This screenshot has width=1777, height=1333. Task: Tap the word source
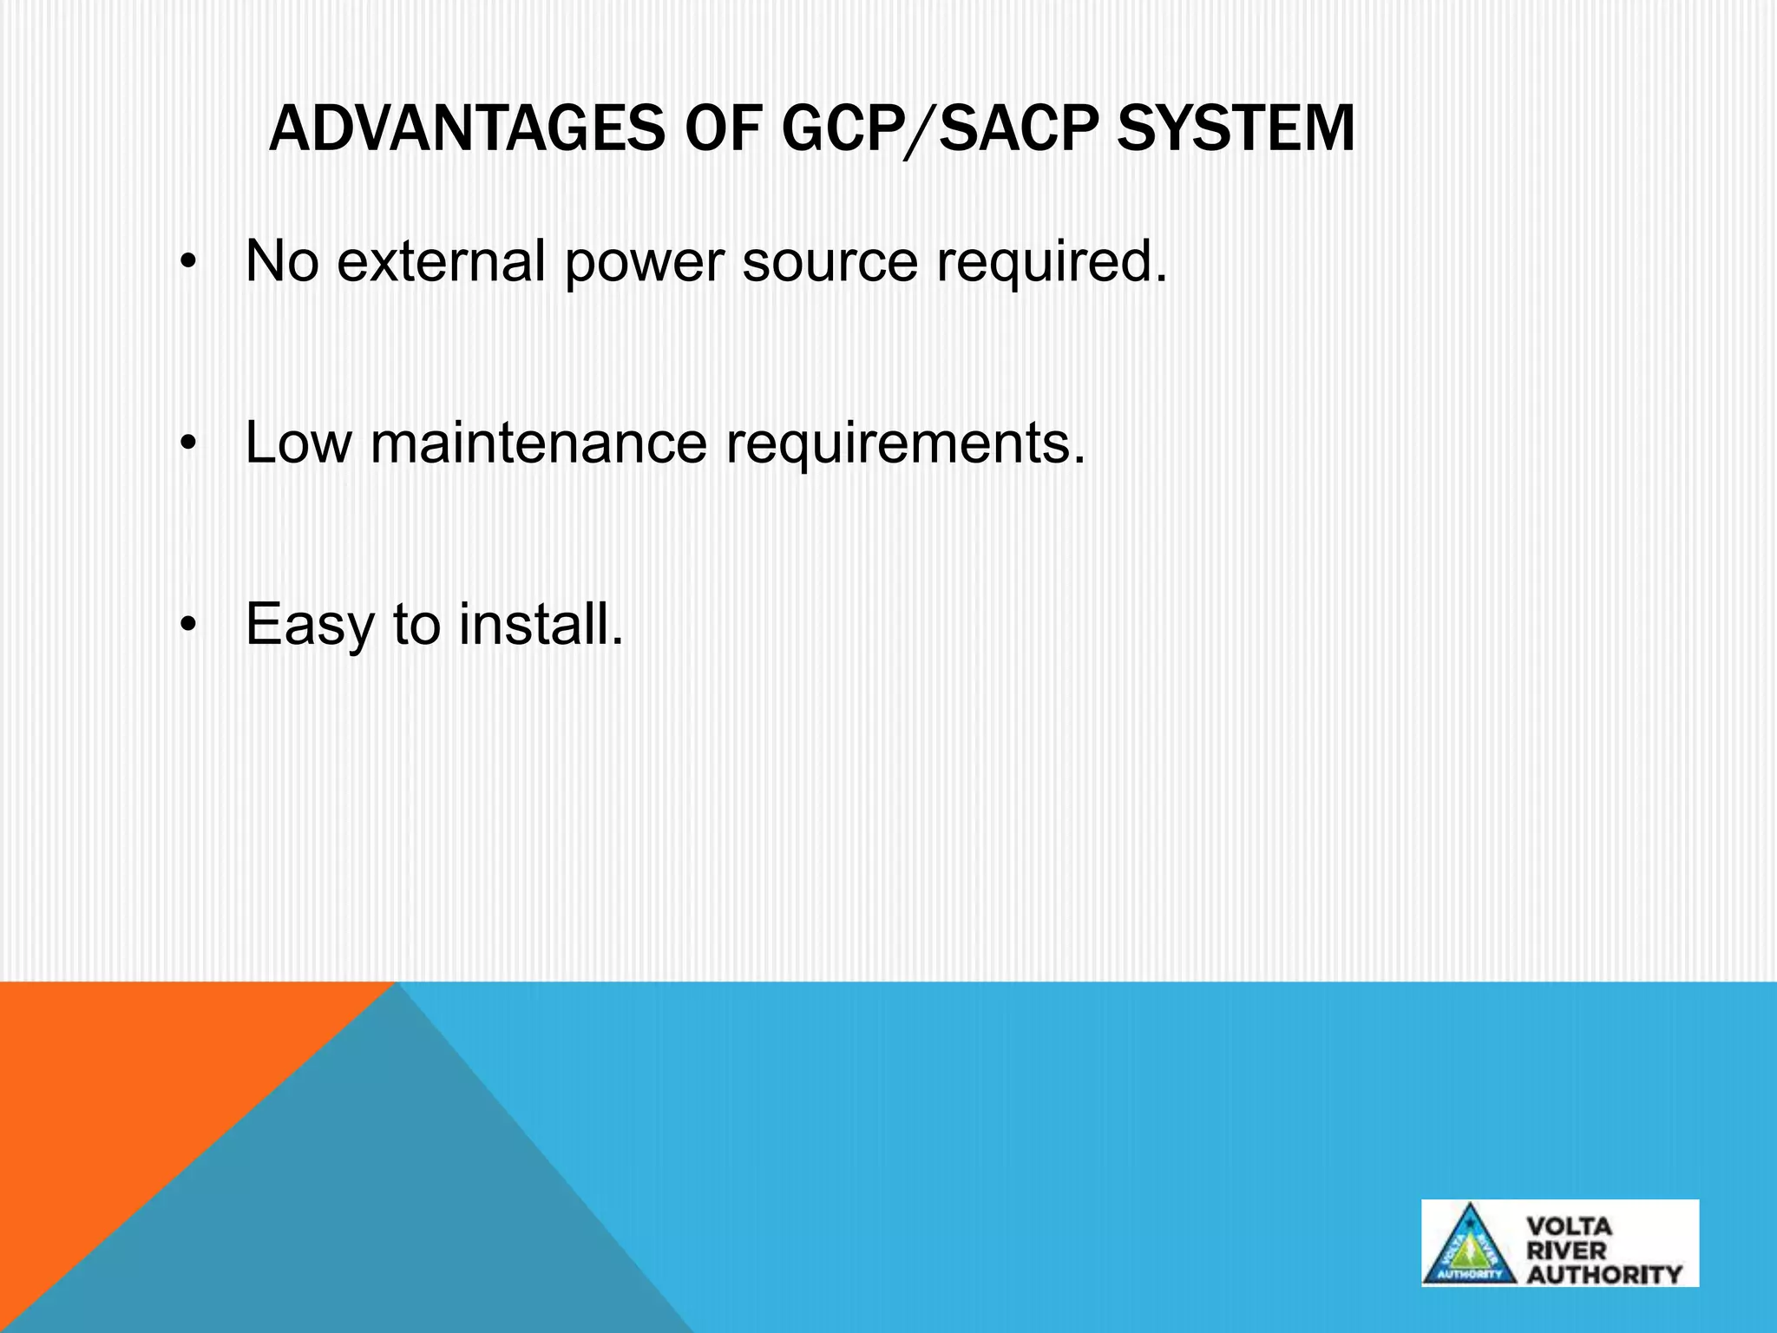coord(829,262)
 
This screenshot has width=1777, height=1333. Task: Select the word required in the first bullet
coord(1051,262)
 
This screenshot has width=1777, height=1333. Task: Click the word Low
coord(298,443)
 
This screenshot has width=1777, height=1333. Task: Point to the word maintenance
coord(538,443)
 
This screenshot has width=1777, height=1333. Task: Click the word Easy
coord(309,625)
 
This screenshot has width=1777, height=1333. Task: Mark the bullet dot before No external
coord(189,262)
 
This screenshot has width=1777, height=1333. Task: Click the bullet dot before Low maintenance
coord(189,444)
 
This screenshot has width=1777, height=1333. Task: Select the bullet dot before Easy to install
coord(189,625)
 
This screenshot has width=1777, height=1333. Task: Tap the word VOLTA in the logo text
coord(1569,1227)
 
